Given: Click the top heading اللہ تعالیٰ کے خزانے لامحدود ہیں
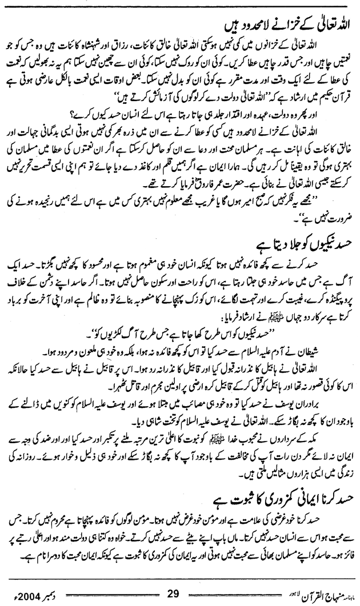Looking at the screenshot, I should click(x=297, y=25).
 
